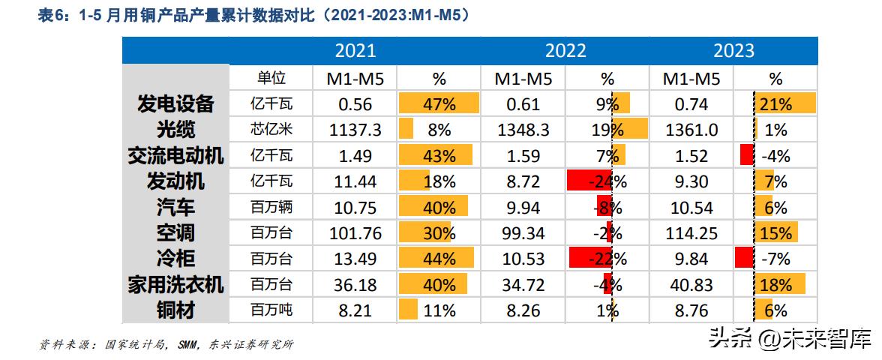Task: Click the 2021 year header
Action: pos(355,50)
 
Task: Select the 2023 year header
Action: pos(733,50)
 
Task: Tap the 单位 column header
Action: pos(271,78)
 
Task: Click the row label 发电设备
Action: pos(176,104)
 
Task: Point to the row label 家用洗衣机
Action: pos(175,284)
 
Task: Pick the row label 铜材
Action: pos(176,310)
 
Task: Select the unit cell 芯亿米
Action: pos(271,130)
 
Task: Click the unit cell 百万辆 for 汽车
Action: pos(271,207)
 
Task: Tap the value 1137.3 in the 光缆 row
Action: pos(355,130)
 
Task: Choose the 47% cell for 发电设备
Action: pos(439,104)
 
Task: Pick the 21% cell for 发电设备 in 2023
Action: pos(775,104)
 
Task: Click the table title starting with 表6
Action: pos(254,14)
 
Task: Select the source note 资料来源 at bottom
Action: pos(166,345)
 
